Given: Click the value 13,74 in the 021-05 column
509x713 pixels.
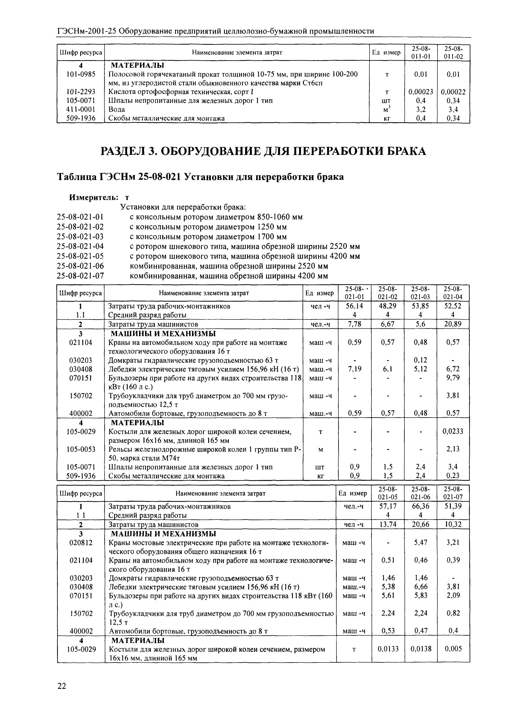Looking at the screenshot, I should [x=388, y=524].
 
